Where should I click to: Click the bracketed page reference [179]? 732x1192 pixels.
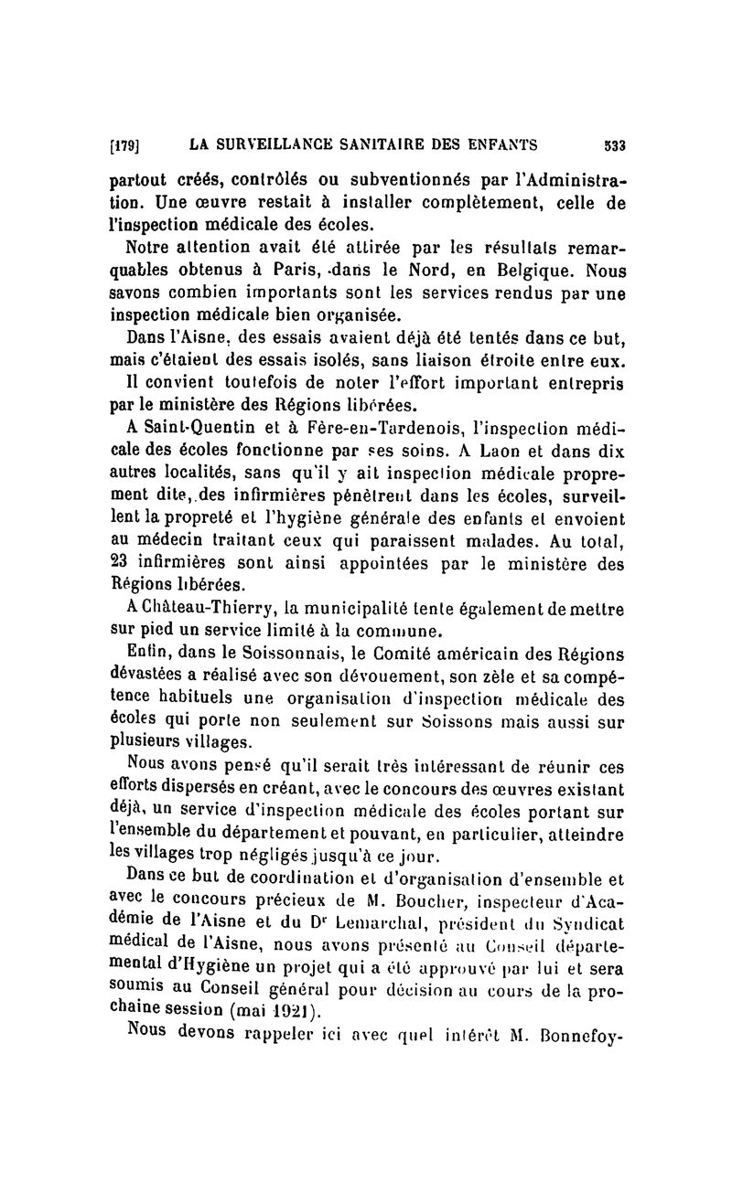(122, 143)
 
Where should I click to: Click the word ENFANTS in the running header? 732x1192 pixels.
(492, 143)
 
